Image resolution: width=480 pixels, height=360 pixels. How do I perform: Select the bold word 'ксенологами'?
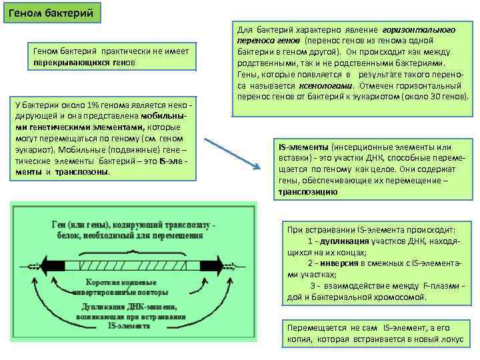330,86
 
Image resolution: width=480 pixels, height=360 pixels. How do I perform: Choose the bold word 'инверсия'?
343,263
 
